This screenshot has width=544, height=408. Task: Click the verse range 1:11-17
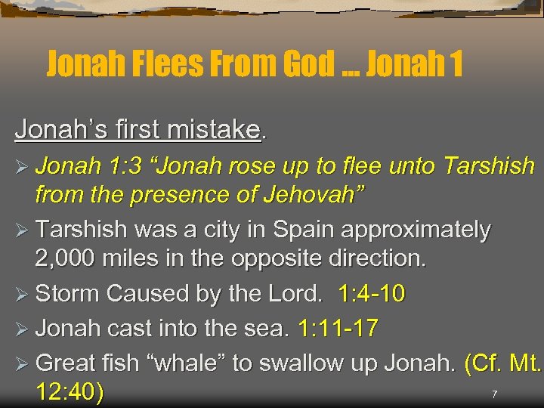(339, 329)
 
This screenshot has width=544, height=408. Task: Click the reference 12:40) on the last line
(70, 394)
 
